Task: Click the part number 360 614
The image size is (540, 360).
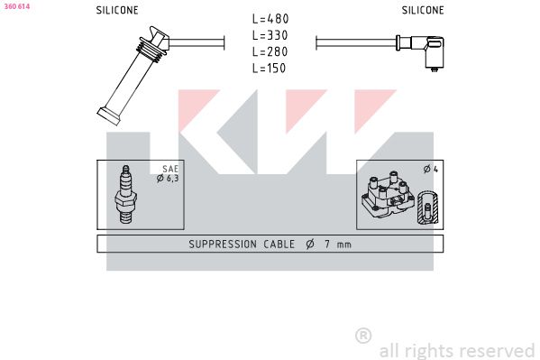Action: (x=17, y=6)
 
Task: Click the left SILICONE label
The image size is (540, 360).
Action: (x=117, y=10)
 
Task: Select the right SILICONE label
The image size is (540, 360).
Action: (x=423, y=10)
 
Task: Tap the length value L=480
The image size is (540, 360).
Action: (x=270, y=19)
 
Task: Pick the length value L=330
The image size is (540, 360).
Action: (x=270, y=35)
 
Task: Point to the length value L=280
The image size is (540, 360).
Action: (x=270, y=51)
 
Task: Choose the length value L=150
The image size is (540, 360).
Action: (x=269, y=68)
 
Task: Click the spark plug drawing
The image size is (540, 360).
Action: (x=125, y=194)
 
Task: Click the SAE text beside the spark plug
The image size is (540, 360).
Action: (x=170, y=169)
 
